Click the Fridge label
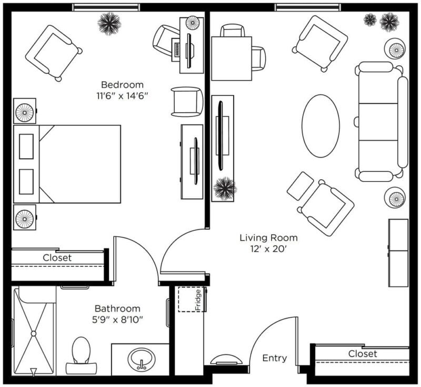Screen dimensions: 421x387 [x=198, y=299]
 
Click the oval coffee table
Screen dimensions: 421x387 [x=320, y=126]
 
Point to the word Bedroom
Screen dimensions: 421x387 [x=122, y=85]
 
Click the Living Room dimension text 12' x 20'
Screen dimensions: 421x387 [x=268, y=249]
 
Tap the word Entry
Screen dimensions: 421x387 [x=274, y=358]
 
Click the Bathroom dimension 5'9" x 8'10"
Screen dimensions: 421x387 [x=117, y=320]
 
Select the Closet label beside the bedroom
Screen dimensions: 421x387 [x=57, y=258]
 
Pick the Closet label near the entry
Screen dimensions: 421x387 [x=363, y=354]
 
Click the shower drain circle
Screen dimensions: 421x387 [x=34, y=333]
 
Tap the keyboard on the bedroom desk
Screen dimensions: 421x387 [x=177, y=50]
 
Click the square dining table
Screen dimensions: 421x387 [x=232, y=59]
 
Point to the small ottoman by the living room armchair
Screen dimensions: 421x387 [x=300, y=186]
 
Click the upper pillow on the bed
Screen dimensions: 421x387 [x=26, y=146]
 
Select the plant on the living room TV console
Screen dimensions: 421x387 [x=225, y=188]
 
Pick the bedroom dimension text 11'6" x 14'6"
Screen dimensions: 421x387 [x=123, y=96]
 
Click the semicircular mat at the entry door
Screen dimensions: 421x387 [x=226, y=359]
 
